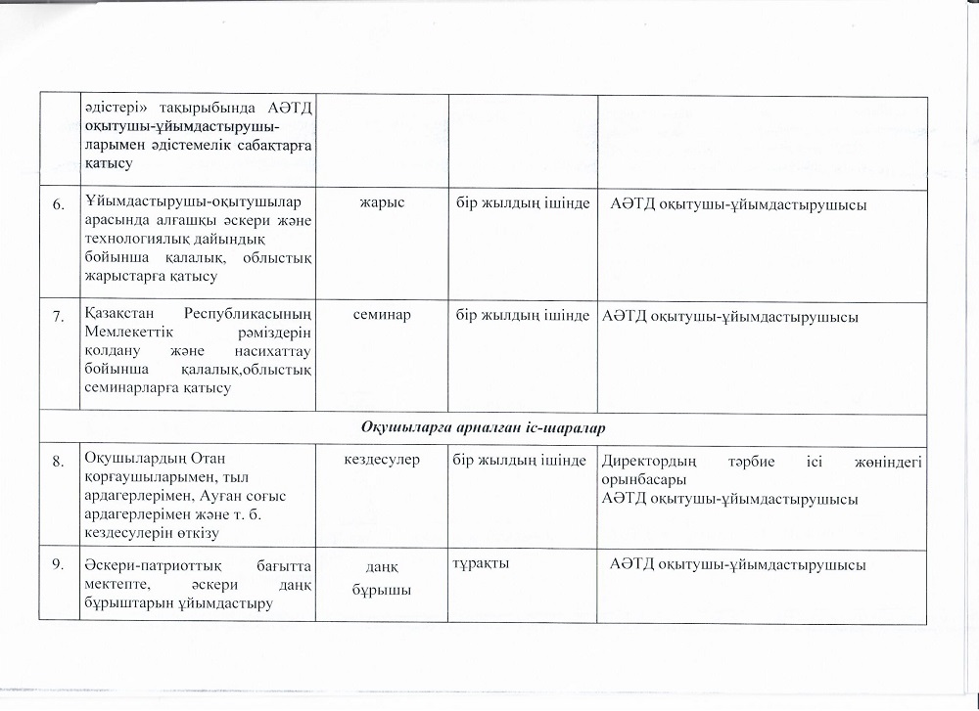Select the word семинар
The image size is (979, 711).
click(x=382, y=315)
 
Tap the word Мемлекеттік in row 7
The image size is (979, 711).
click(x=128, y=333)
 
